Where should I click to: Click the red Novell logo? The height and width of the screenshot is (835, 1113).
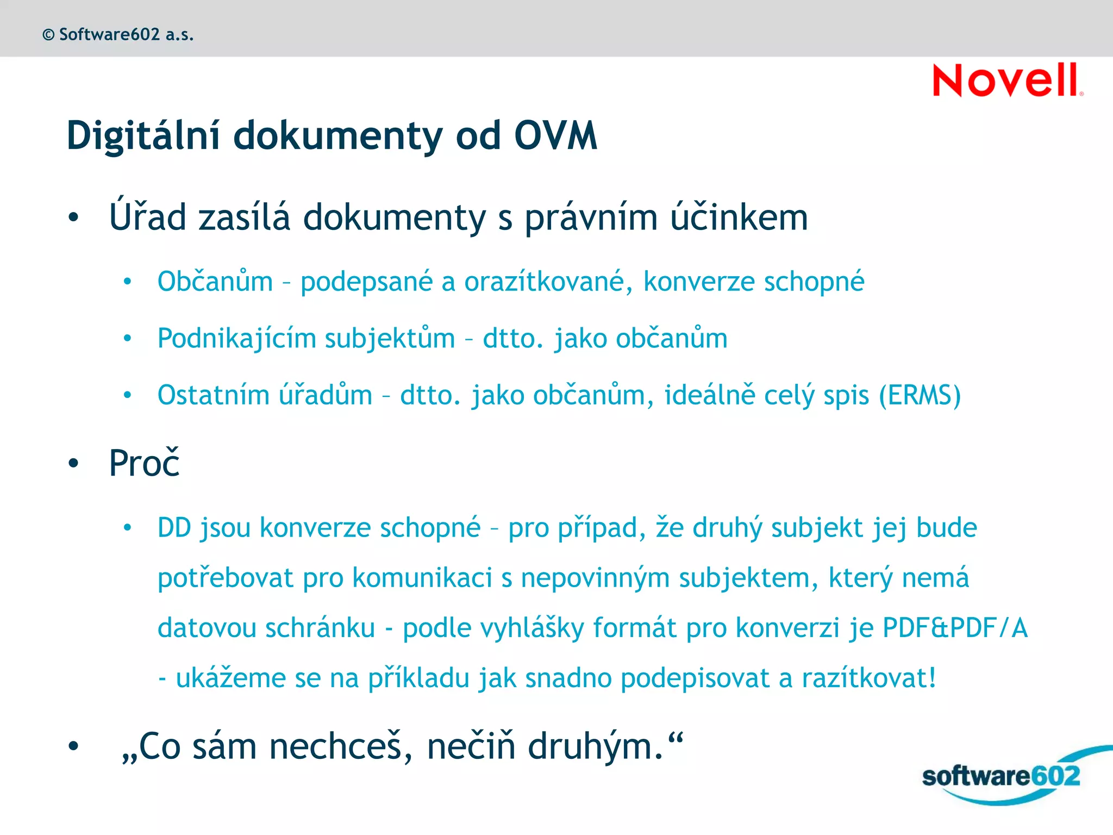pyautogui.click(x=1007, y=80)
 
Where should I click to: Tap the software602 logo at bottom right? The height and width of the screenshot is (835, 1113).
pyautogui.click(x=1001, y=776)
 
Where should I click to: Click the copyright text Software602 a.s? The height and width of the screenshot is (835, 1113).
pyautogui.click(x=118, y=35)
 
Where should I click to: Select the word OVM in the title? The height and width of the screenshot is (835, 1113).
pyautogui.click(x=555, y=135)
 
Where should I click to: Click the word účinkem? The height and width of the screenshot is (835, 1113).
pyautogui.click(x=739, y=217)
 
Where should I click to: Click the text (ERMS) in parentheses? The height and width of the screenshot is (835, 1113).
pyautogui.click(x=920, y=395)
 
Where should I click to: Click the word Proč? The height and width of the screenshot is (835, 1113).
pyautogui.click(x=144, y=463)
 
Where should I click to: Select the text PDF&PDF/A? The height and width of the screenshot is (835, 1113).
pyautogui.click(x=955, y=628)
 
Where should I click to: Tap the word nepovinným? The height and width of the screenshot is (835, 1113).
pyautogui.click(x=595, y=578)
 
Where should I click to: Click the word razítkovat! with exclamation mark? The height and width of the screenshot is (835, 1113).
pyautogui.click(x=869, y=678)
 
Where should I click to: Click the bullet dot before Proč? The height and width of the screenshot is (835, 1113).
pyautogui.click(x=73, y=464)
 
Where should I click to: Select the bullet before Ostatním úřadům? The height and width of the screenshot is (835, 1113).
pyautogui.click(x=127, y=395)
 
